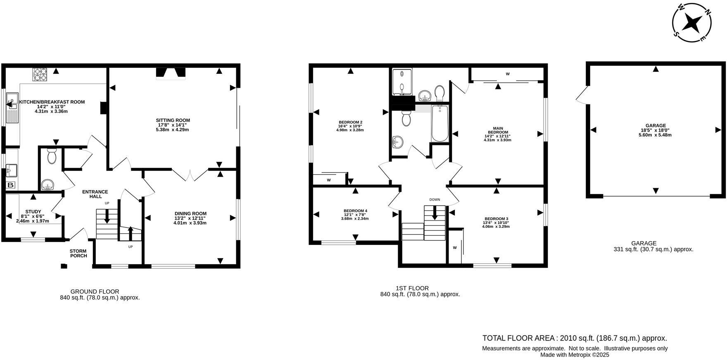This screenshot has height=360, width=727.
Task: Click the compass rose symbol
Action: pyautogui.click(x=691, y=23)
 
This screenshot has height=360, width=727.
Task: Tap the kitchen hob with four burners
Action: pyautogui.click(x=40, y=74)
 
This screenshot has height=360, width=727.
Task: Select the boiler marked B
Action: pyautogui.click(x=11, y=185)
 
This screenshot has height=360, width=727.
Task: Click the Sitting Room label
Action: pyautogui.click(x=173, y=121)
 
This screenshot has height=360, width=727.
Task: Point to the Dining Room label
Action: pyautogui.click(x=190, y=213)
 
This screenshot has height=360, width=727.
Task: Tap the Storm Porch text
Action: pyautogui.click(x=78, y=253)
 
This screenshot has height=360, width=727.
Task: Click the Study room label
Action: pyautogui.click(x=33, y=211)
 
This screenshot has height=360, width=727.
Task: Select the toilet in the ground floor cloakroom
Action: pyautogui.click(x=52, y=156)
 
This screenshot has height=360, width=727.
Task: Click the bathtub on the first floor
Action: pyautogui.click(x=440, y=123)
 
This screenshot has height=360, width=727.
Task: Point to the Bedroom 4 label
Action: pyautogui.click(x=355, y=211)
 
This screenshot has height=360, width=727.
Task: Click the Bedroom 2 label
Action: pyautogui.click(x=350, y=122)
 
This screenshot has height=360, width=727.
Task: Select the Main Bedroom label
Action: pyautogui.click(x=497, y=130)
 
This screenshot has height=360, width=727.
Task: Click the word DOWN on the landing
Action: pyautogui.click(x=435, y=199)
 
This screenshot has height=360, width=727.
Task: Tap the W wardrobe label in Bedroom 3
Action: pyautogui.click(x=454, y=248)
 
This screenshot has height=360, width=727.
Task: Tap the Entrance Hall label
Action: pyautogui.click(x=95, y=194)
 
